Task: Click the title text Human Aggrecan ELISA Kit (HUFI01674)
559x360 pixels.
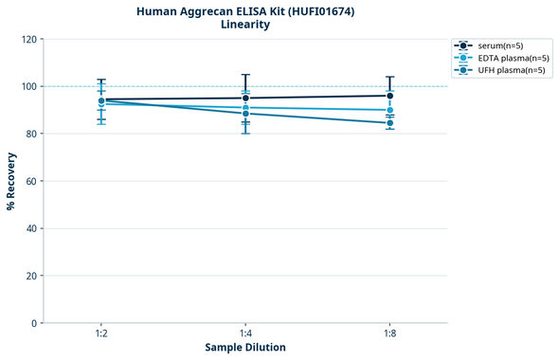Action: [x=245, y=10]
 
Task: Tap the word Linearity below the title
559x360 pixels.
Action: [x=245, y=25]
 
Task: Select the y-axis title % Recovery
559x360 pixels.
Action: [x=11, y=181]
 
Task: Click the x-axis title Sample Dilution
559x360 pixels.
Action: [x=245, y=348]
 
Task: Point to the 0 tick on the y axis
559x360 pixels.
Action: [x=34, y=323]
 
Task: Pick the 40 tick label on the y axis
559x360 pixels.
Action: [x=31, y=228]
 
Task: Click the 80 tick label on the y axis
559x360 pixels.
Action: [x=31, y=134]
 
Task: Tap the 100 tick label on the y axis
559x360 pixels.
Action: [x=28, y=86]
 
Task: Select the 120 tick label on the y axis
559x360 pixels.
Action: [x=28, y=39]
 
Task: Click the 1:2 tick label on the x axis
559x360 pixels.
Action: [x=101, y=334]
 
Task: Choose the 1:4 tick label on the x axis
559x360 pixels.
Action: [x=245, y=334]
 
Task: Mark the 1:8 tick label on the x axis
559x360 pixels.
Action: [x=390, y=334]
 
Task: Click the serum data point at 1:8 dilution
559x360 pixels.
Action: [x=390, y=96]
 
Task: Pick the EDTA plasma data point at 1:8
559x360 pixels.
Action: [x=390, y=110]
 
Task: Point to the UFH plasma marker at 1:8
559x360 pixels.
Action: [x=390, y=123]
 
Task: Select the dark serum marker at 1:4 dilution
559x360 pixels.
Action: [x=245, y=98]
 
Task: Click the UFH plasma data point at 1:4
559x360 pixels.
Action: [x=245, y=114]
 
